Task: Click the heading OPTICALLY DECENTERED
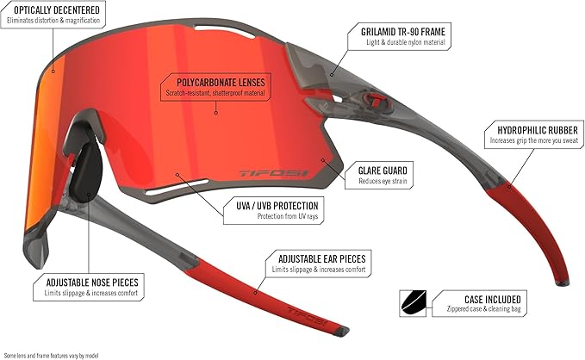[x=57, y=9]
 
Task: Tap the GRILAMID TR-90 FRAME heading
[x=403, y=32]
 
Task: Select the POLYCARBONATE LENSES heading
[x=221, y=83]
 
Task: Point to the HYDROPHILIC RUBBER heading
[x=538, y=130]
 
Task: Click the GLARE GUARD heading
[x=383, y=171]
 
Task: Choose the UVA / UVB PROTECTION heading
[x=277, y=206]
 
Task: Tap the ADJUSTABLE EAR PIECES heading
[x=322, y=259]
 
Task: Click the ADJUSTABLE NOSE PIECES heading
[x=92, y=282]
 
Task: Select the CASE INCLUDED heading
[x=493, y=300]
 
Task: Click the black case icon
[x=413, y=303]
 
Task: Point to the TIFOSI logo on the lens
[x=274, y=173]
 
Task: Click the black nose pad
[x=86, y=172]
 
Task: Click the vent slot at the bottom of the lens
[x=177, y=187]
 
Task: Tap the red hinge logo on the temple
[x=377, y=100]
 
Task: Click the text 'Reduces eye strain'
[x=383, y=182]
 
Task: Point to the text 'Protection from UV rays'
[x=288, y=216]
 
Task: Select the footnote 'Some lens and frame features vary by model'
[x=51, y=356]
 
